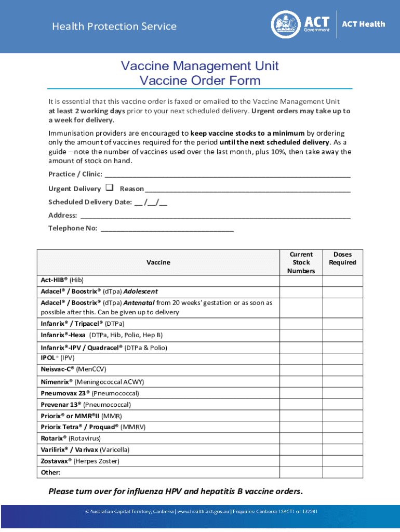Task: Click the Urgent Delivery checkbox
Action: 110,188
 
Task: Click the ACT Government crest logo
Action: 285,24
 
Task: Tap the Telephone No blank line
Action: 167,229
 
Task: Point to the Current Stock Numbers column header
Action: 301,262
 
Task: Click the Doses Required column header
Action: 342,259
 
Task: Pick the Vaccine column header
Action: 158,262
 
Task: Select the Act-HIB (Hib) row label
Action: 58,280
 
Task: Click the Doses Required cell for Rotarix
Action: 342,438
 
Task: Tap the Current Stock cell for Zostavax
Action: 301,461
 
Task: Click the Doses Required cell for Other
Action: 342,472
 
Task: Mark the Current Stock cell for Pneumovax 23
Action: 301,393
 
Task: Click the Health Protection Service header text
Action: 114,26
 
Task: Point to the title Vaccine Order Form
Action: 200,81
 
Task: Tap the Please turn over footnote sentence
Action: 176,491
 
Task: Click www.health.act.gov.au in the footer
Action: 203,512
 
